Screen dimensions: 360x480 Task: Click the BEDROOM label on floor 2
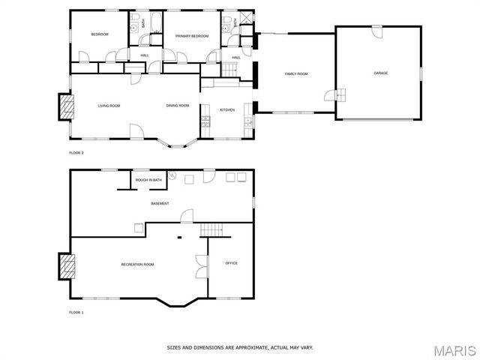tap(100, 34)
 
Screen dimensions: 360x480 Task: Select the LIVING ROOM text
tap(109, 106)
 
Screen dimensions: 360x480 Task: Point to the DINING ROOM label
tap(178, 106)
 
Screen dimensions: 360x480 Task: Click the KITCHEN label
tap(226, 110)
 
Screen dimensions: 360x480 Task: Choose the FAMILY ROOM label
tap(296, 73)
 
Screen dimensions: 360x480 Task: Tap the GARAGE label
tap(381, 73)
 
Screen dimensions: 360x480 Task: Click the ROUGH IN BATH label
tap(148, 180)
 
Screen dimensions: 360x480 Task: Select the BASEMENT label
tap(160, 203)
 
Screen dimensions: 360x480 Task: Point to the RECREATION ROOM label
tap(138, 264)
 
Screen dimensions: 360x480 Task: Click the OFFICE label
tap(232, 263)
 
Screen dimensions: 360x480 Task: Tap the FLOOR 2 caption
tap(76, 153)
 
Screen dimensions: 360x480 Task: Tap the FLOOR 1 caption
tap(76, 312)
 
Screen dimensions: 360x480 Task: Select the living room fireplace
tap(67, 106)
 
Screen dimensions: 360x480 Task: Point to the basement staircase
tap(214, 229)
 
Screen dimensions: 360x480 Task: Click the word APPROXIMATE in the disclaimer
tap(246, 348)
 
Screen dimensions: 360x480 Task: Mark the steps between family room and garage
tap(340, 95)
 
